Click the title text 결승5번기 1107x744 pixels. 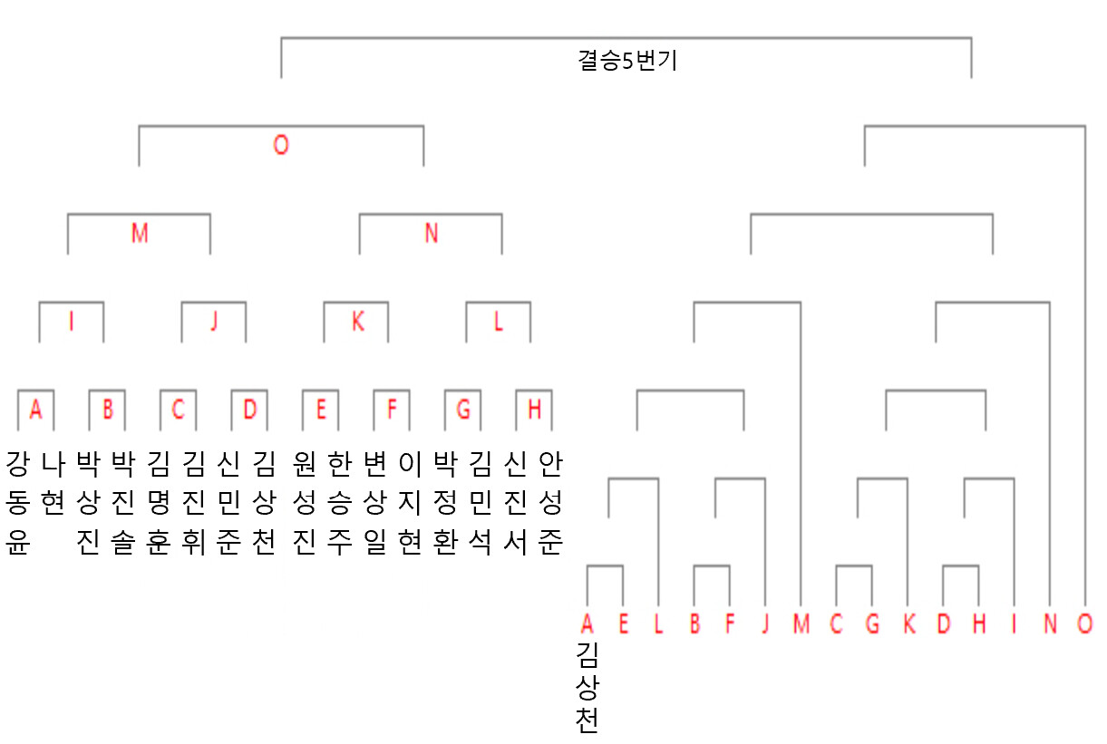[x=627, y=62]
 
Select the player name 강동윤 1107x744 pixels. [x=16, y=502]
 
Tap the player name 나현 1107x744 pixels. [x=53, y=485]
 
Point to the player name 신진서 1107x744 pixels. [x=516, y=502]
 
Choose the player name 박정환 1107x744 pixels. [x=444, y=502]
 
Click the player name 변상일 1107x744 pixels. [x=374, y=502]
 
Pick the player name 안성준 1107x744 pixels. [x=551, y=502]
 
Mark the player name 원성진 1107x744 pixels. [x=302, y=502]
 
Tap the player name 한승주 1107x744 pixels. [x=338, y=502]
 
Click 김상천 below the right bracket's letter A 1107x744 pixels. [x=587, y=688]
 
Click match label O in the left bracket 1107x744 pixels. [x=281, y=145]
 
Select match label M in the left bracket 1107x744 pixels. [x=139, y=233]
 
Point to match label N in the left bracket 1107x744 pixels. [x=431, y=233]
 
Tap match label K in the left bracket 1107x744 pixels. [x=357, y=322]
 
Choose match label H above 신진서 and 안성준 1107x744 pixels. [x=534, y=410]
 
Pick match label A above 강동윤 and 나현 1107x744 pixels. [x=35, y=410]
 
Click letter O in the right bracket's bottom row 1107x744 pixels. [x=1085, y=624]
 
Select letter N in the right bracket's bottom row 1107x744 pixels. [x=1050, y=624]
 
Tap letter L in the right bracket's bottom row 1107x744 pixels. [x=659, y=624]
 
